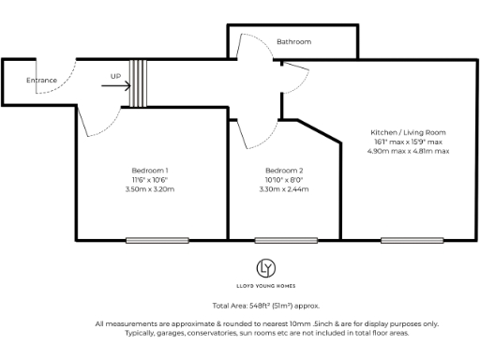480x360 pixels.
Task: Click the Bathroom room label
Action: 293,42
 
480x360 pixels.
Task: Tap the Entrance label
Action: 41,81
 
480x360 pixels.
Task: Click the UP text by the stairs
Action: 115,76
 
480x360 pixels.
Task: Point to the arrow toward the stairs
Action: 115,86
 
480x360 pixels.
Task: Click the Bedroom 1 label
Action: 150,170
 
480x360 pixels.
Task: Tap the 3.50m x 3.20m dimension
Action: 150,189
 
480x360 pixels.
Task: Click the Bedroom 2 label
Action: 284,170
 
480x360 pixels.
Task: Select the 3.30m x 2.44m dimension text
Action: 284,189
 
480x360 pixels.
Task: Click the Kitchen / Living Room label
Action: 408,132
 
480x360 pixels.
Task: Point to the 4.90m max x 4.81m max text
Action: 408,151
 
